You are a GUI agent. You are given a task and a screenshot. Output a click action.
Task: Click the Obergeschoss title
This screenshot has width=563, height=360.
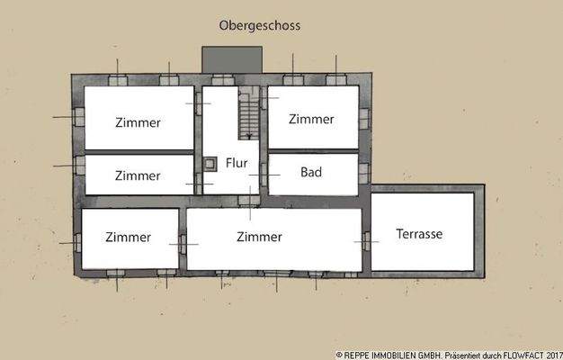[260, 26]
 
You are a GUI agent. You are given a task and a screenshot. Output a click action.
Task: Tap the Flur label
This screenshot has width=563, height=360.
[236, 165]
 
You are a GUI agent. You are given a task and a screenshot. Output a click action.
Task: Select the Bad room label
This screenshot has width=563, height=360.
[311, 172]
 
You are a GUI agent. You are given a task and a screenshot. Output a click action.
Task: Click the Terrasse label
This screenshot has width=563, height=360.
[419, 234]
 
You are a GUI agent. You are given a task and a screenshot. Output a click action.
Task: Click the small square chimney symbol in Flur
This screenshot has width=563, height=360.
[210, 164]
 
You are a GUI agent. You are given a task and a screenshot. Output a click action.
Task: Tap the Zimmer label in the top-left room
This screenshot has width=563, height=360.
[138, 122]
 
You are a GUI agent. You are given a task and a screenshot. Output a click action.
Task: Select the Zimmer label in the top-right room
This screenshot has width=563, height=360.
[312, 119]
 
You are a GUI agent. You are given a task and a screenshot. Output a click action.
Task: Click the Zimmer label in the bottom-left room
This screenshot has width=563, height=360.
[128, 238]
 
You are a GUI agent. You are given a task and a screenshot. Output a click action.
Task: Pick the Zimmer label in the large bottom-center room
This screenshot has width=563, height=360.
[259, 237]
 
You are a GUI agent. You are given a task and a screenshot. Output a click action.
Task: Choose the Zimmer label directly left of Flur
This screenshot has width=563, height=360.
[138, 175]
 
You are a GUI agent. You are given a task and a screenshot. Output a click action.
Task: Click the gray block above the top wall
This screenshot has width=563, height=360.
[232, 60]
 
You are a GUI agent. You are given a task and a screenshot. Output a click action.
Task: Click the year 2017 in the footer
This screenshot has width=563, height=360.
[550, 355]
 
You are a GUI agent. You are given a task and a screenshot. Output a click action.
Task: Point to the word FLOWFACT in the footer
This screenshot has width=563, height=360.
[514, 355]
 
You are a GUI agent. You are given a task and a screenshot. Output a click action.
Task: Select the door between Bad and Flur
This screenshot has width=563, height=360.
[264, 173]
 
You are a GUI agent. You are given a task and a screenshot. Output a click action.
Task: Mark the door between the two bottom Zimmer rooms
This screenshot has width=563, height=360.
[182, 243]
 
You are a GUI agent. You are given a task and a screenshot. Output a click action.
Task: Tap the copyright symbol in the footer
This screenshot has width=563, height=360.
[339, 355]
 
